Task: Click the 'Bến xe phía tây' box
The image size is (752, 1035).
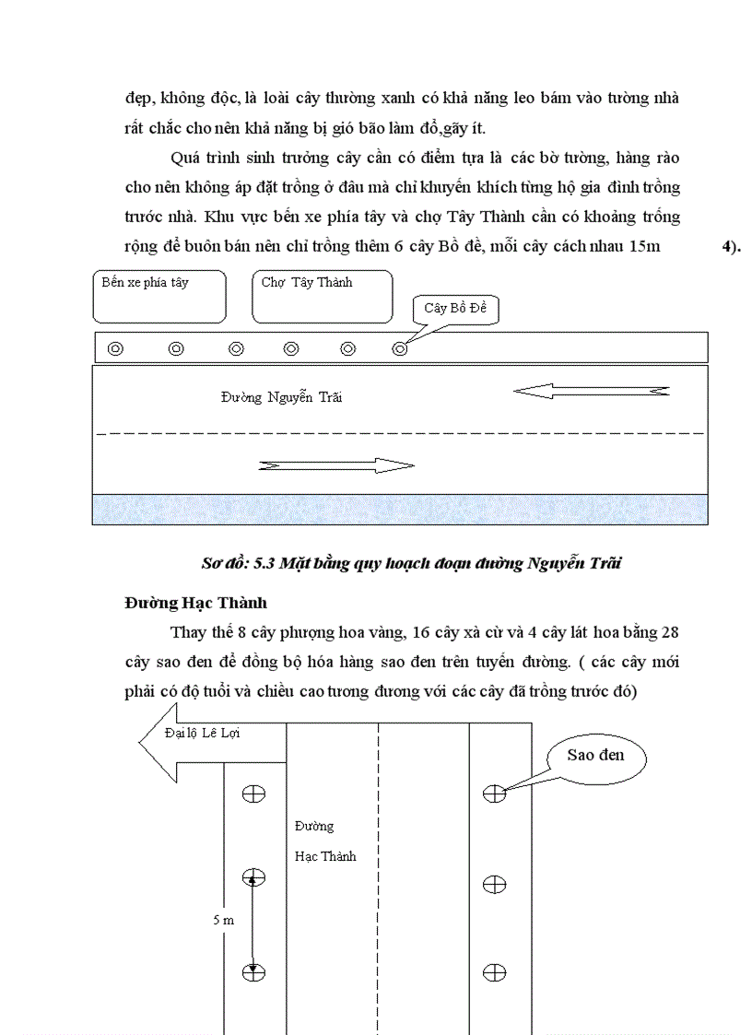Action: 159,296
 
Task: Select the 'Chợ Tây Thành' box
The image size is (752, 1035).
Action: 322,296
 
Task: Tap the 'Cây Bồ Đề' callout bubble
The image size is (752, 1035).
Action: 455,309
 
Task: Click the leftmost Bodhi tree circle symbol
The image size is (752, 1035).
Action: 115,348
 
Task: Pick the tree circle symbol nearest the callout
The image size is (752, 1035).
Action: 400,348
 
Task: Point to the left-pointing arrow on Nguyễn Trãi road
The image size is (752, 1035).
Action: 591,392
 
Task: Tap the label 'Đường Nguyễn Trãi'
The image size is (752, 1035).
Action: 281,397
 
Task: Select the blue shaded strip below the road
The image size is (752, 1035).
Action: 399,509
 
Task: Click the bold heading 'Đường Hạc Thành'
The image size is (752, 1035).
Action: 196,603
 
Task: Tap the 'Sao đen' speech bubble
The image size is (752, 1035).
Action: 595,756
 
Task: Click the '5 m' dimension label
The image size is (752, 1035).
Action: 222,921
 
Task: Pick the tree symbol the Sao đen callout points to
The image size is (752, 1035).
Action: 495,792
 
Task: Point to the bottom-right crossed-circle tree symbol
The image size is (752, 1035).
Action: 495,972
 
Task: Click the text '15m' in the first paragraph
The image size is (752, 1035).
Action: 642,247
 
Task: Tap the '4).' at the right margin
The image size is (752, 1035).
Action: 731,247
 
